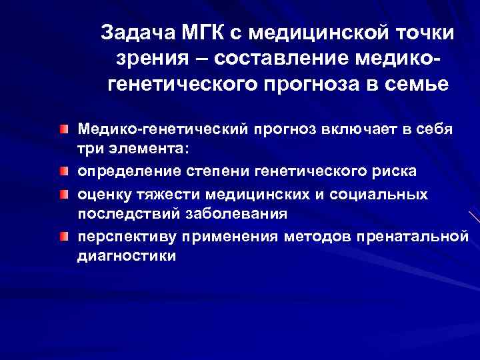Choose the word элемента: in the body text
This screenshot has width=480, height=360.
pyautogui.click(x=141, y=150)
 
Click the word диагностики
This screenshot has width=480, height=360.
pyautogui.click(x=127, y=257)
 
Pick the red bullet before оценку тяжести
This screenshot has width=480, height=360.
pyautogui.click(x=62, y=194)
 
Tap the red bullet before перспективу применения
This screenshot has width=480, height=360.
pyautogui.click(x=62, y=237)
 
